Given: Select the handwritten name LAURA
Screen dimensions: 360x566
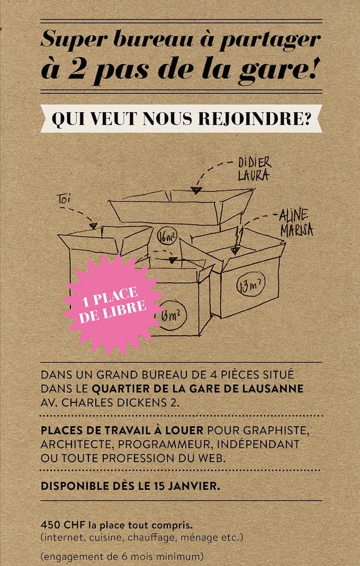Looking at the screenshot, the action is click(x=253, y=175).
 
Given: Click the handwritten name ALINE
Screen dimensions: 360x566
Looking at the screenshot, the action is click(x=294, y=216).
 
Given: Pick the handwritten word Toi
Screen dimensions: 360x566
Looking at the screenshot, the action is click(x=63, y=199).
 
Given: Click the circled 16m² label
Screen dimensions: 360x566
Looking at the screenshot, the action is click(x=167, y=237).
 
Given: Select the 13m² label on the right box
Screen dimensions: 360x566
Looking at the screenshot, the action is click(x=251, y=286).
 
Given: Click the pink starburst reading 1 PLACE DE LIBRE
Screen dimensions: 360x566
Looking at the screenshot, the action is click(x=113, y=304).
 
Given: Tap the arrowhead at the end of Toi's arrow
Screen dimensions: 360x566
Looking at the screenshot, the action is click(x=94, y=226).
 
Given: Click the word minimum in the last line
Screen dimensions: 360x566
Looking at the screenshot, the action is click(x=183, y=556).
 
